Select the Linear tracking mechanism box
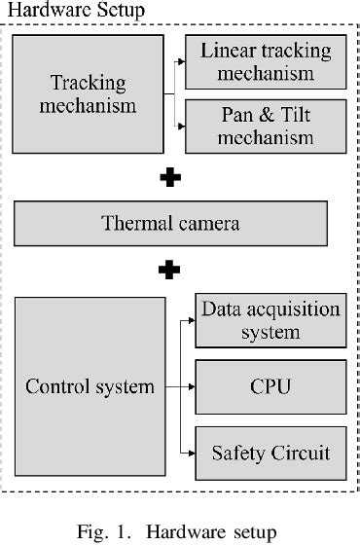pos(266,62)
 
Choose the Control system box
pos(90,386)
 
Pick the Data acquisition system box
pos(271,321)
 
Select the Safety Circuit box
pos(271,452)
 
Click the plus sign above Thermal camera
pos(170,177)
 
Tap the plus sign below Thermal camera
pos(170,269)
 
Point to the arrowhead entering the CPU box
pos(191,386)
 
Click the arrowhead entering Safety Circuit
pos(191,452)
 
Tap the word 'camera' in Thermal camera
pos(205,224)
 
